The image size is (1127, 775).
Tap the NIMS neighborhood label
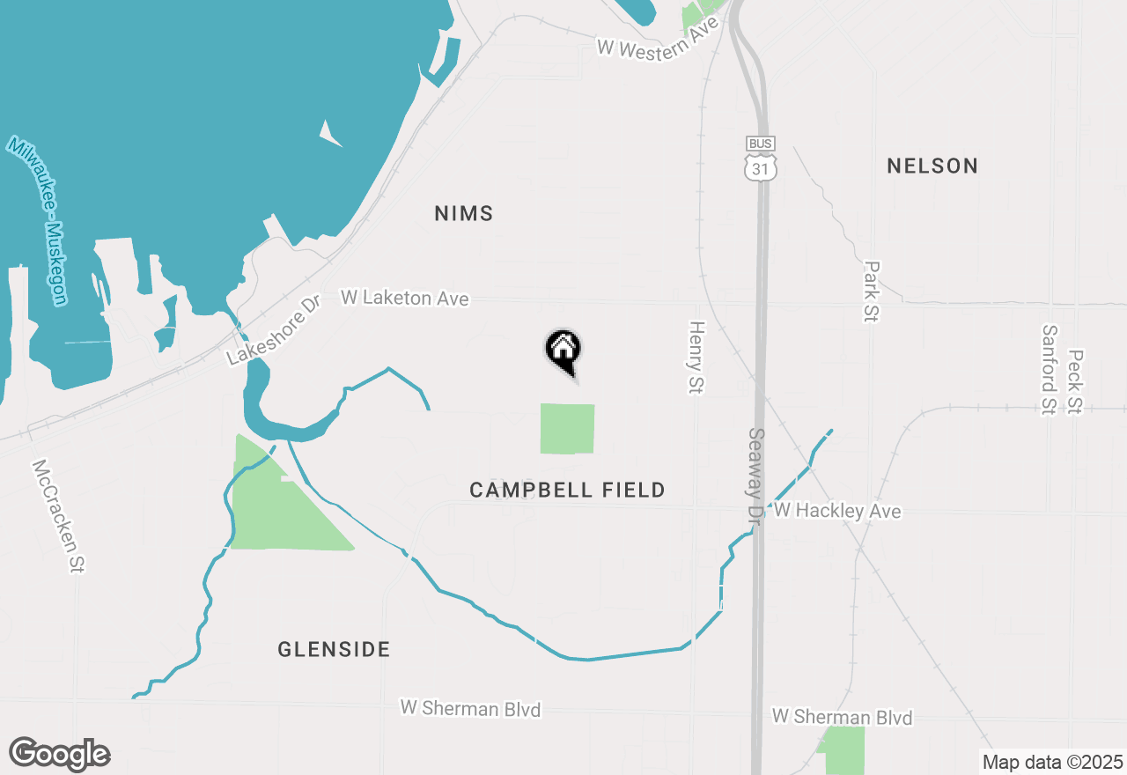(x=464, y=214)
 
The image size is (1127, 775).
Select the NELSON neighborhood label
(x=932, y=166)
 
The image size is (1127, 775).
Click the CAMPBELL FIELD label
(x=567, y=491)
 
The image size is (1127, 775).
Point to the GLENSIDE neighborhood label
(x=334, y=650)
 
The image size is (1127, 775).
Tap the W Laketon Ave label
(x=405, y=299)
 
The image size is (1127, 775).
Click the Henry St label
(x=697, y=357)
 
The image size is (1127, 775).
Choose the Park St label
(x=872, y=292)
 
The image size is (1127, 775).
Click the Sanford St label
(x=1049, y=370)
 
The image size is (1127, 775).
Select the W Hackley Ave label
(x=837, y=511)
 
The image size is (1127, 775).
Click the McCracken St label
(x=57, y=516)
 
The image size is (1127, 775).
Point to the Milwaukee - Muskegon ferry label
(x=37, y=220)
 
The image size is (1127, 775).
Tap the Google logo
(x=60, y=754)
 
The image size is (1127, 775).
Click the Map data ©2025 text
(x=1053, y=762)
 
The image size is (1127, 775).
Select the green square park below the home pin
(x=567, y=429)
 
